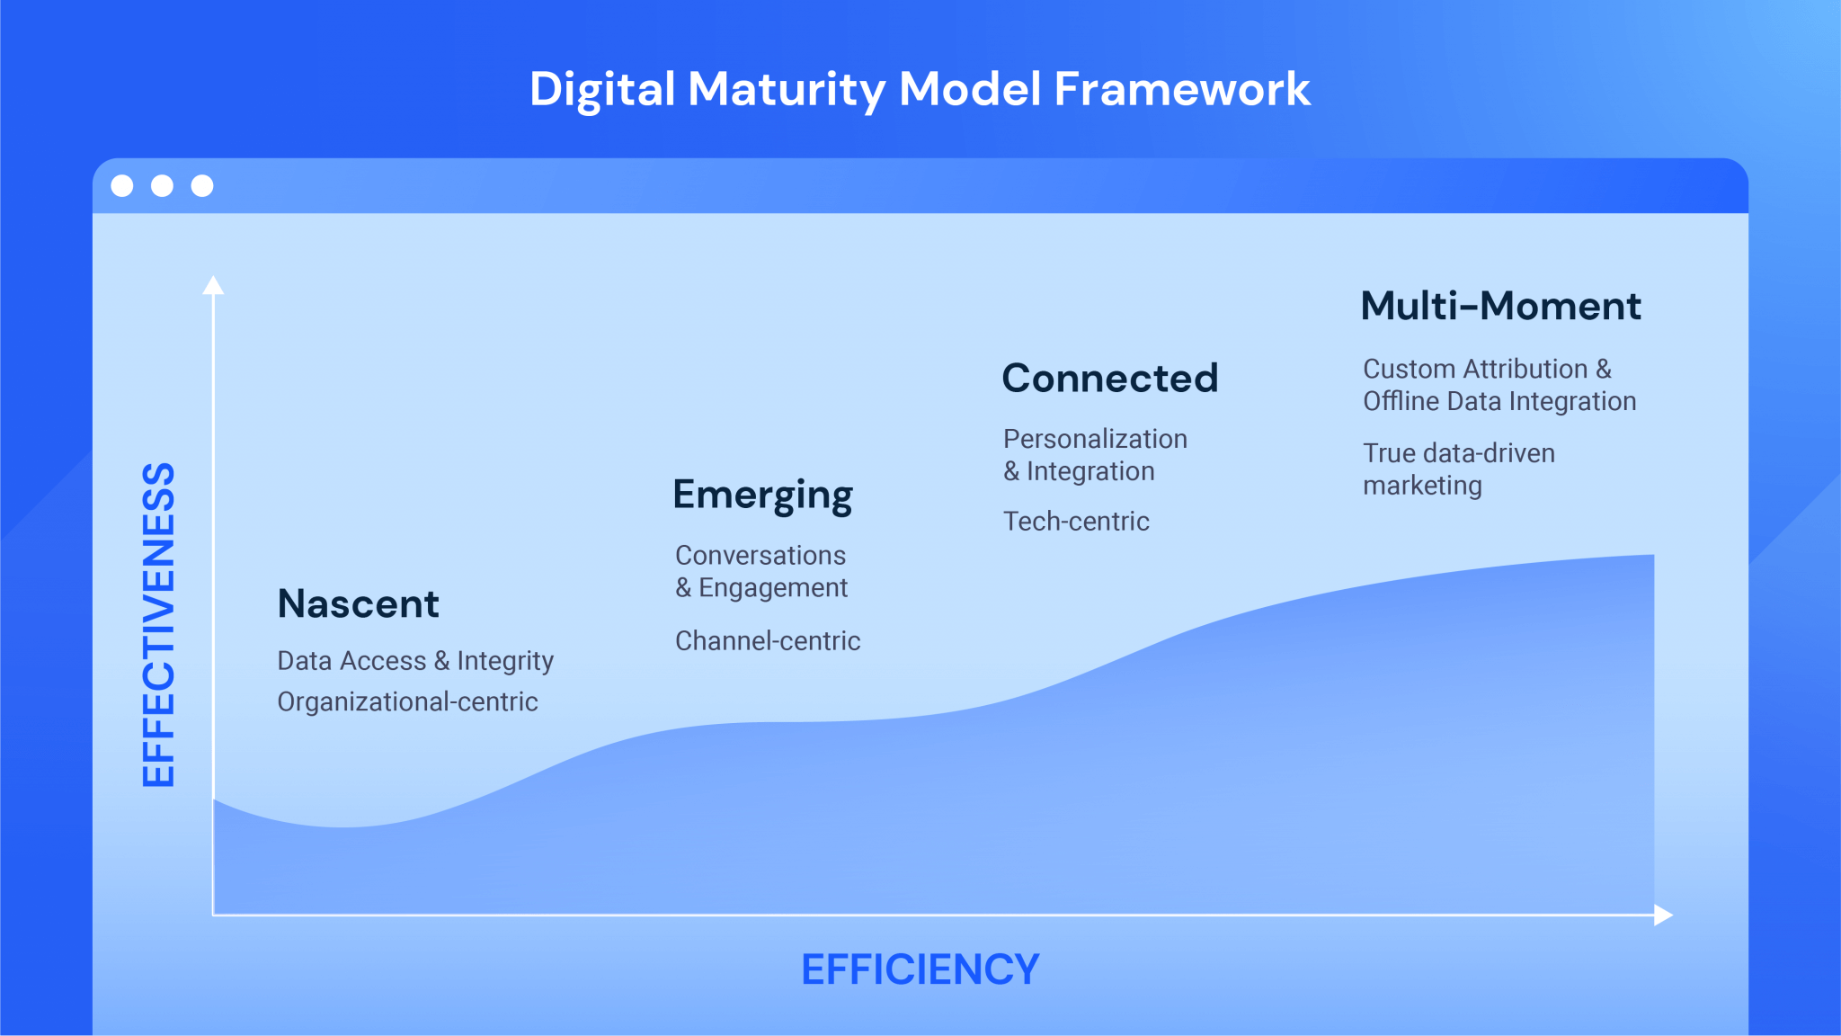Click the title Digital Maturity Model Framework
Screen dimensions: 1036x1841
(x=920, y=89)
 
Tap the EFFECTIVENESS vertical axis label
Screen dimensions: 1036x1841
(x=159, y=625)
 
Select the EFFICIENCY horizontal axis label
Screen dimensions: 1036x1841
(x=920, y=969)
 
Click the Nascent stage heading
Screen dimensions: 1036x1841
(x=358, y=603)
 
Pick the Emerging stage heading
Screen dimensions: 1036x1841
(x=762, y=496)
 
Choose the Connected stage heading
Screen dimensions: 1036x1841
(x=1109, y=378)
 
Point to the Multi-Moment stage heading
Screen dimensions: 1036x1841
(x=1500, y=306)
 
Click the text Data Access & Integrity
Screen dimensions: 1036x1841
(x=415, y=661)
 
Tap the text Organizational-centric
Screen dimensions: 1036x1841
(x=407, y=701)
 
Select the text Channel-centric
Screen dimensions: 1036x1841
(x=768, y=640)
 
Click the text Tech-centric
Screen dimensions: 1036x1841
(x=1076, y=521)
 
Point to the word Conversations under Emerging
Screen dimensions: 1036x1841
(x=760, y=555)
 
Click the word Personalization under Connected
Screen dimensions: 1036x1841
(x=1095, y=439)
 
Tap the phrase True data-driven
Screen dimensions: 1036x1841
(x=1458, y=453)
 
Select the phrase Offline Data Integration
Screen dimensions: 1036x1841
(x=1499, y=401)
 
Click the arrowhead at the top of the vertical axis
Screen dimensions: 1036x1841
(x=213, y=285)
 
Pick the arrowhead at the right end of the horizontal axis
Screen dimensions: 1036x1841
(x=1663, y=915)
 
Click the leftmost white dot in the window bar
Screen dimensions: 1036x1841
(x=122, y=185)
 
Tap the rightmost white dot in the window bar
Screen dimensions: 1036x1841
(x=202, y=185)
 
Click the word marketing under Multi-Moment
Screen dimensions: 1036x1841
(x=1422, y=486)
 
